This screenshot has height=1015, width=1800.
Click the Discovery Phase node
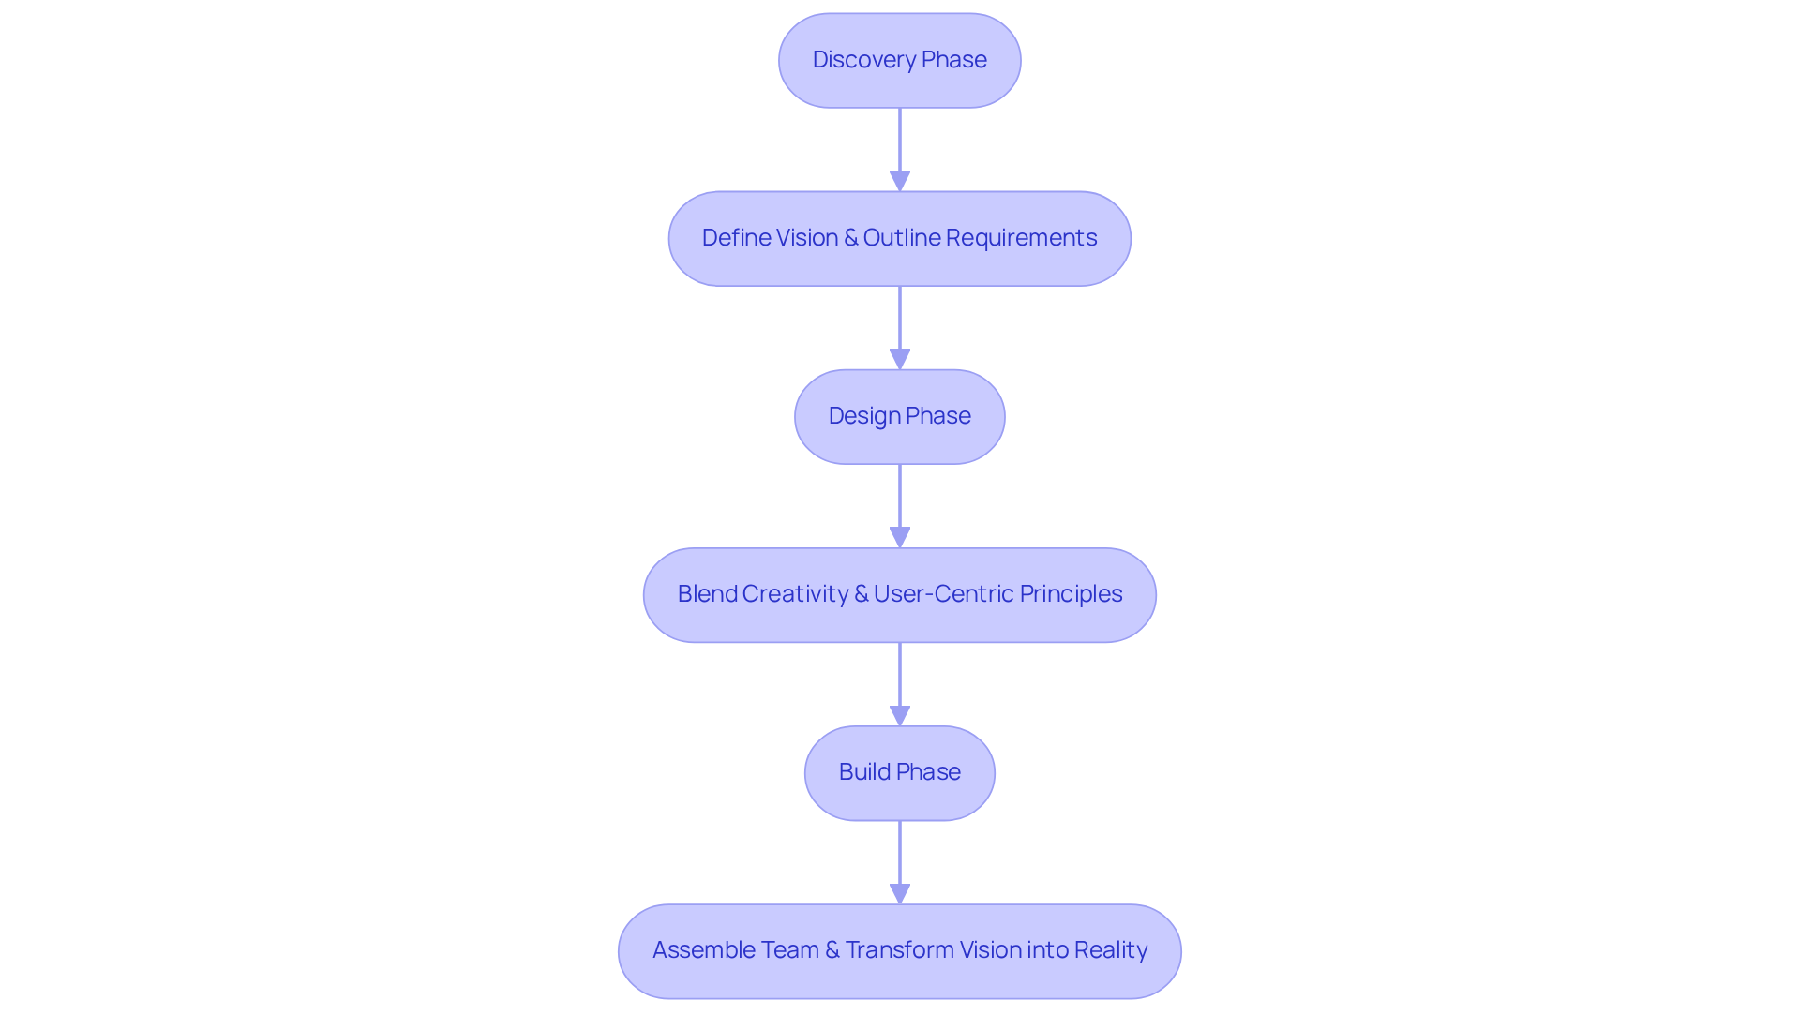pyautogui.click(x=899, y=60)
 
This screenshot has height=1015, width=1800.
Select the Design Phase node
pyautogui.click(x=899, y=416)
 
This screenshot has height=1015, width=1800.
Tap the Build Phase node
pyautogui.click(x=899, y=772)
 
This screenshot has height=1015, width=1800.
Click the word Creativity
pyautogui.click(x=795, y=594)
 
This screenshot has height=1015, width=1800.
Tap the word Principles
pyautogui.click(x=1071, y=594)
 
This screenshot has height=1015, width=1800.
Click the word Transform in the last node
pyautogui.click(x=899, y=950)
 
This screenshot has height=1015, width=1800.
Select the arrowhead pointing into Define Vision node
pyautogui.click(x=899, y=181)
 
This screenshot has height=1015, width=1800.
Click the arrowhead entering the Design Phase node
pyautogui.click(x=899, y=359)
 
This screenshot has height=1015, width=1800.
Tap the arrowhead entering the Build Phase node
pyautogui.click(x=899, y=715)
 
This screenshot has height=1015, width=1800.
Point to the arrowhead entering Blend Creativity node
pyautogui.click(x=899, y=537)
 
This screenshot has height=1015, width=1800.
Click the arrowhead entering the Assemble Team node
pyautogui.click(x=899, y=893)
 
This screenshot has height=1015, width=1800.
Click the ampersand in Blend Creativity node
pyautogui.click(x=861, y=594)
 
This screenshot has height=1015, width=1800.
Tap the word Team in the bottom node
pyautogui.click(x=788, y=950)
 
